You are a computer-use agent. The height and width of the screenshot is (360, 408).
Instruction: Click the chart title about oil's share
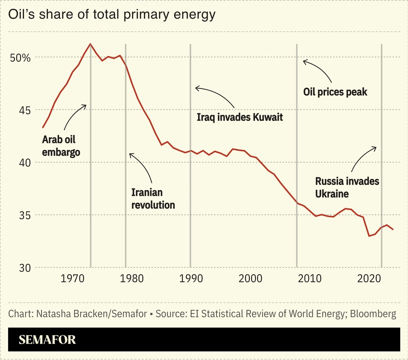[112, 15]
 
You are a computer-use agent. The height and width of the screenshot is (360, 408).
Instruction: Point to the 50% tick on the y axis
[21, 58]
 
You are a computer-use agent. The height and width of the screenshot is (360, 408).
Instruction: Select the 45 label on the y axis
[25, 110]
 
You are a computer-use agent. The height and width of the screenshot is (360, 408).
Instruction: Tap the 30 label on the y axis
[25, 268]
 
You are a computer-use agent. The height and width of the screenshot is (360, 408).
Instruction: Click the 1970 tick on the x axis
[73, 278]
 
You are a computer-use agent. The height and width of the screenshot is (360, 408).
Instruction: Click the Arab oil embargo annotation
[61, 146]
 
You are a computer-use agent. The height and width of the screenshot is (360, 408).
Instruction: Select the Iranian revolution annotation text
[153, 198]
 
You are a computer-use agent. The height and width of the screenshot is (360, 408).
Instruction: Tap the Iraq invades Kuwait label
[240, 117]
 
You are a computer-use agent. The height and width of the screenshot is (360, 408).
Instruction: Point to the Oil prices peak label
[335, 92]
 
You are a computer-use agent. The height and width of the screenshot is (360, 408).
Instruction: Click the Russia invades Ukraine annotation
[347, 187]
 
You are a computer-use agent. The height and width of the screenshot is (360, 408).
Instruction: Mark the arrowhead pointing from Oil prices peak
[304, 61]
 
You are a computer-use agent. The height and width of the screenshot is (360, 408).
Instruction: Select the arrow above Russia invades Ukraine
[363, 157]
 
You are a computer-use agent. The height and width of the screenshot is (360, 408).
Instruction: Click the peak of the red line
[91, 44]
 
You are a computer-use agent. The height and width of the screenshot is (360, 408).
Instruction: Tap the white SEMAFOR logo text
[47, 339]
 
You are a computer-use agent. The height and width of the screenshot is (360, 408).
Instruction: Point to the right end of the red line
[393, 229]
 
